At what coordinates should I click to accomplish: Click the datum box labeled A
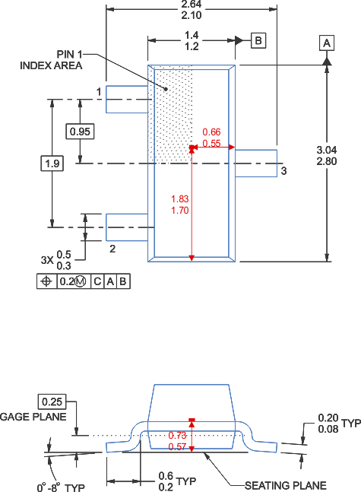tap(327, 43)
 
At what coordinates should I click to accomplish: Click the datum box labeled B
tap(258, 40)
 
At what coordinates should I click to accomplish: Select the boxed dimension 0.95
tap(80, 132)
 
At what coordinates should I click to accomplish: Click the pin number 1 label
tap(99, 92)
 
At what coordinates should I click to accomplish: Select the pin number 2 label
tap(112, 248)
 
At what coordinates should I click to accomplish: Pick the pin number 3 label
tap(283, 171)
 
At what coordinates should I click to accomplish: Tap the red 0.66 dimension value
tap(211, 132)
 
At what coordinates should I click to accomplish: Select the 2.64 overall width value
tap(192, 5)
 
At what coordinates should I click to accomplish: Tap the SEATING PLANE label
tap(285, 485)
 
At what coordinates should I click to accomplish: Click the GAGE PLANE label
tap(33, 417)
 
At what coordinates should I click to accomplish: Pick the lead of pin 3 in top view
tap(256, 163)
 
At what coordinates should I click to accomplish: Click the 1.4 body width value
tap(192, 35)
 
